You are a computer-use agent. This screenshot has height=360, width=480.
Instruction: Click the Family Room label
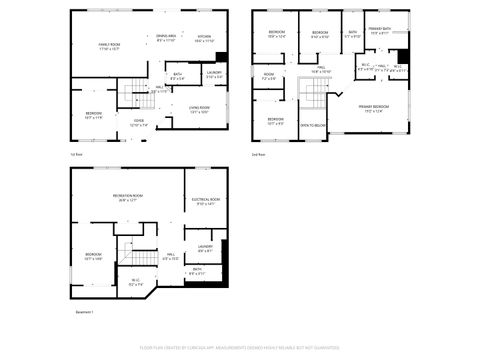pyautogui.click(x=109, y=45)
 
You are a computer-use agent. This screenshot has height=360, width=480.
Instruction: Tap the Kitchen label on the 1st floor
pyautogui.click(x=204, y=37)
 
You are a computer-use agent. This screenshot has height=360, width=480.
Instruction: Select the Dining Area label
pyautogui.click(x=166, y=37)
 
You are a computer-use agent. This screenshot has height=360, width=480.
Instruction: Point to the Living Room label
pyautogui.click(x=199, y=109)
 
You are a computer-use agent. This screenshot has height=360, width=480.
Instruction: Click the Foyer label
pyautogui.click(x=138, y=122)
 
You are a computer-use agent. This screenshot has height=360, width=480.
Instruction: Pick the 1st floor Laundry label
pyautogui.click(x=214, y=73)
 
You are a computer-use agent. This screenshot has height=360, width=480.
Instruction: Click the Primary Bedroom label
pyautogui.click(x=373, y=106)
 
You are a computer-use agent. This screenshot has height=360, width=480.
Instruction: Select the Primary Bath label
pyautogui.click(x=380, y=30)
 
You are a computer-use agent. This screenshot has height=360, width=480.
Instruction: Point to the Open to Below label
pyautogui.click(x=313, y=126)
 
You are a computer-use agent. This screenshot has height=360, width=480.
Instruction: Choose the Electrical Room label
pyautogui.click(x=205, y=201)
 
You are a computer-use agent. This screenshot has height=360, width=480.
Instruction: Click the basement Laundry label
pyautogui.click(x=205, y=246)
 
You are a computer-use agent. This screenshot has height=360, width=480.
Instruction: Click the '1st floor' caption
pyautogui.click(x=76, y=155)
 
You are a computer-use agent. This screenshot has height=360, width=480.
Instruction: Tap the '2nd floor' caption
pyautogui.click(x=258, y=155)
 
